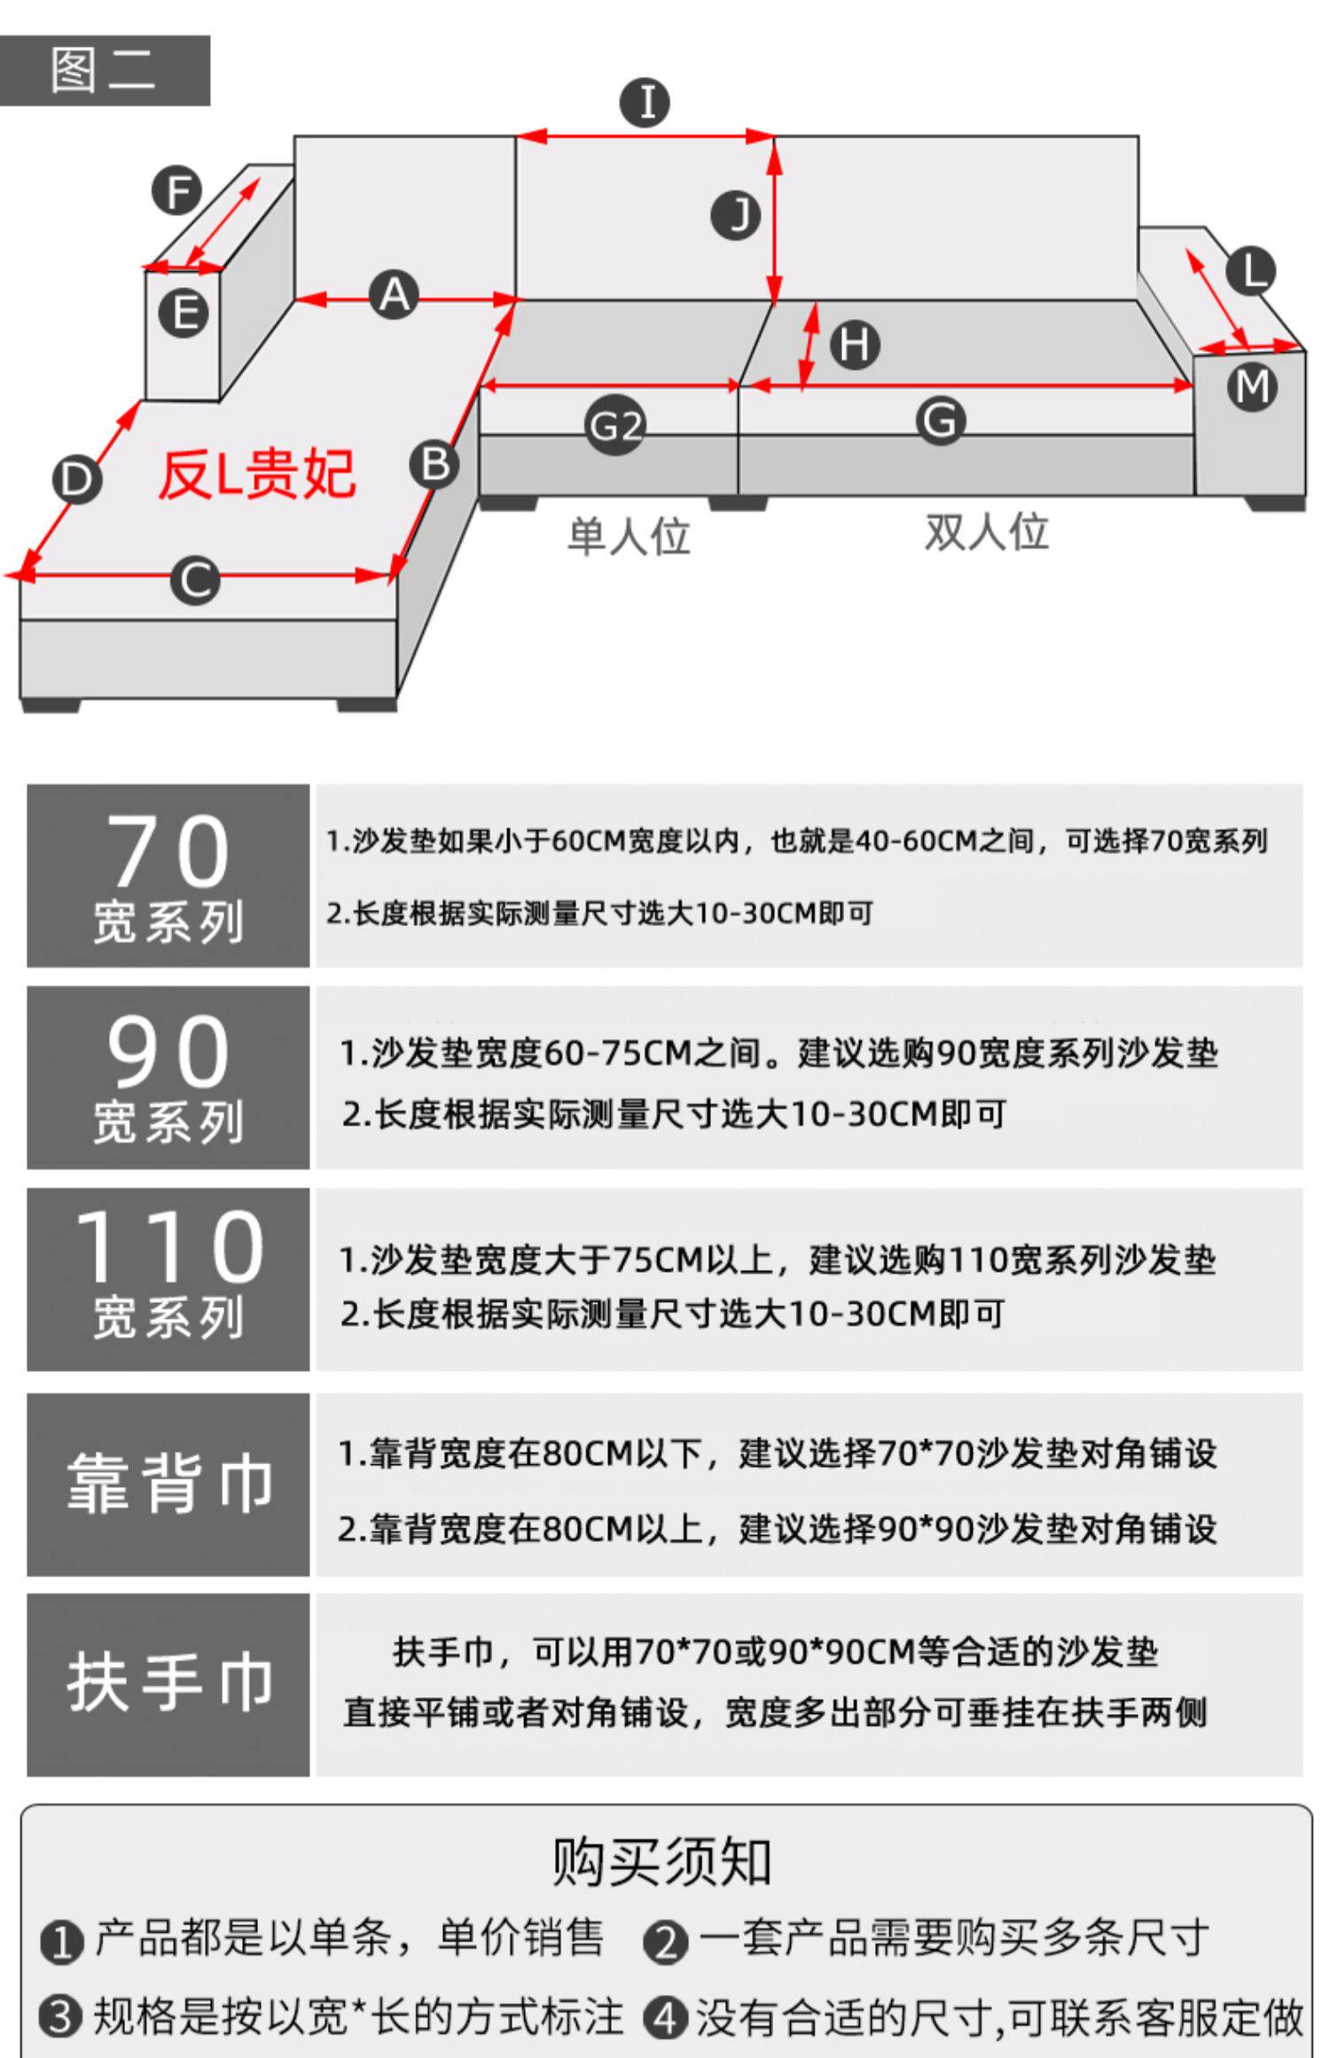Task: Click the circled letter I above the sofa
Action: click(x=645, y=102)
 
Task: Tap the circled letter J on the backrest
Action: click(x=736, y=215)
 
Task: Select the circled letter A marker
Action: click(x=395, y=295)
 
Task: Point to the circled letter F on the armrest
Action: click(x=176, y=191)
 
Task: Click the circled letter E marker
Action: click(x=184, y=314)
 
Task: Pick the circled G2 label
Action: click(x=615, y=427)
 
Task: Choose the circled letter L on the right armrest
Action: click(x=1251, y=271)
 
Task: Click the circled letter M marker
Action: click(x=1252, y=386)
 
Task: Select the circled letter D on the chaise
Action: click(x=77, y=479)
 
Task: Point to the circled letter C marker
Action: click(x=195, y=581)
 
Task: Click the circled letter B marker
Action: click(x=434, y=464)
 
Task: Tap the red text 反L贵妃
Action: click(x=257, y=475)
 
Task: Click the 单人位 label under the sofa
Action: click(x=629, y=537)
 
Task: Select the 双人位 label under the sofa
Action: click(x=986, y=533)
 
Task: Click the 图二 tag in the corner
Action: click(x=104, y=71)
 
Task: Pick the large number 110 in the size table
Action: click(x=168, y=1247)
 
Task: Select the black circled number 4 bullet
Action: click(x=666, y=2017)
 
